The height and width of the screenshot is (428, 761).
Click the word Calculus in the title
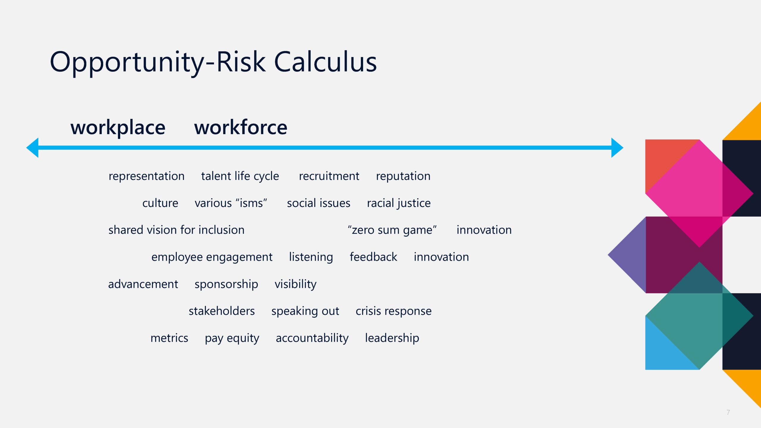[325, 62]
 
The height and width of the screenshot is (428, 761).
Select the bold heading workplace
[118, 128]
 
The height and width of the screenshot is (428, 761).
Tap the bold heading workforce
[241, 127]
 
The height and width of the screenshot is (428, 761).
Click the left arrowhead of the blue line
[32, 147]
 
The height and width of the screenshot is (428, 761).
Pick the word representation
[147, 176]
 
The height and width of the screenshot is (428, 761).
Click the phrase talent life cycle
[240, 176]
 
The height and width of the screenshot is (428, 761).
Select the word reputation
[403, 176]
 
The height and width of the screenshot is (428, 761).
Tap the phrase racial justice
[399, 203]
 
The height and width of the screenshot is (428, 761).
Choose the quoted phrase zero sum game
[392, 230]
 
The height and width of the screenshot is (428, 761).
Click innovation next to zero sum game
[484, 230]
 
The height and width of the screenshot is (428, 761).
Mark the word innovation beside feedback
[441, 257]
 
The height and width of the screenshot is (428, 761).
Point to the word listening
[311, 257]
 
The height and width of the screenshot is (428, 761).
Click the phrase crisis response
[394, 311]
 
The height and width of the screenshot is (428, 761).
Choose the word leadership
[392, 338]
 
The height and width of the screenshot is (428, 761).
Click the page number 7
[728, 413]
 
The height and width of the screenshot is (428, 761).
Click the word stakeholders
[222, 311]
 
